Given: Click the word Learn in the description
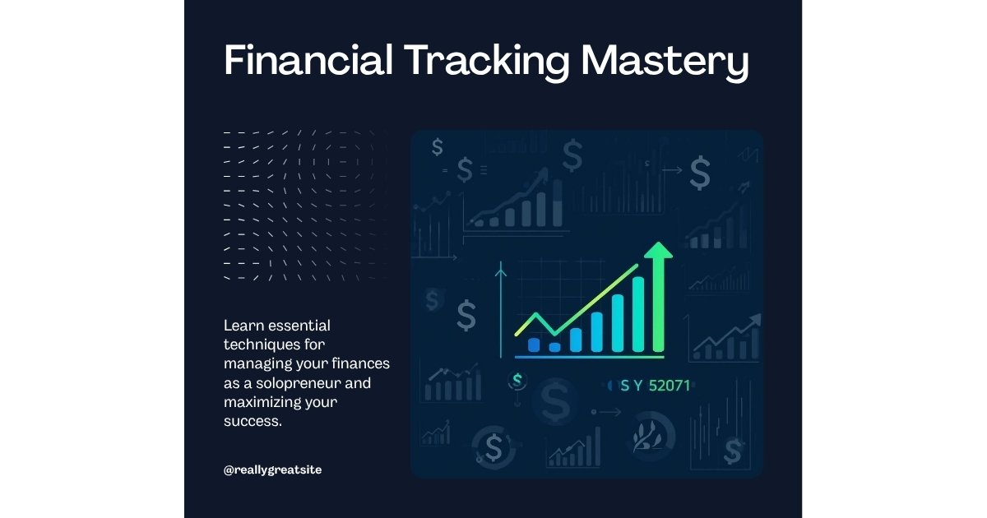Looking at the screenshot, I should tap(242, 326).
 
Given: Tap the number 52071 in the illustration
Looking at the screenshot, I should tap(670, 384).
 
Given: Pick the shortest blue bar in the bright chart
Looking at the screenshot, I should tap(554, 347).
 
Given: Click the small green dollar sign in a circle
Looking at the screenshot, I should tap(517, 379).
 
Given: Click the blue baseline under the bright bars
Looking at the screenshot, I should tap(589, 357).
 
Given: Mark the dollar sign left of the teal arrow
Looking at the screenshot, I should tap(466, 316).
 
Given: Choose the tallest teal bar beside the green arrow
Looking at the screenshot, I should tap(637, 314).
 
